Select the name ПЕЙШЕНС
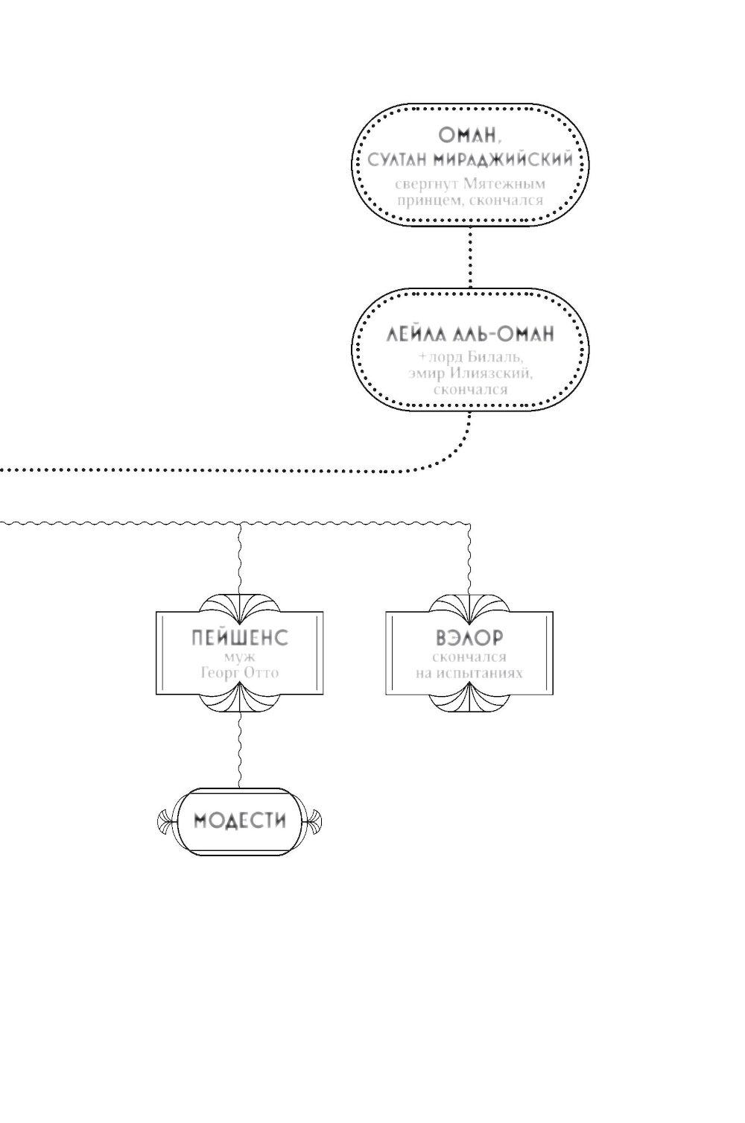click(239, 638)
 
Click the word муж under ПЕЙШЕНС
click(239, 657)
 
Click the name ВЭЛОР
click(469, 638)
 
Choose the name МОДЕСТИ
click(239, 821)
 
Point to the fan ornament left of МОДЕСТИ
click(165, 822)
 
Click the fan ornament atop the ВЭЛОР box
click(469, 604)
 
